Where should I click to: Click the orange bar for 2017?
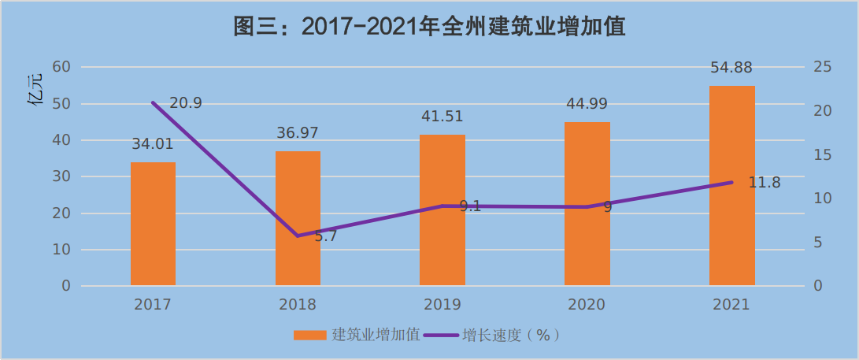[x=153, y=224]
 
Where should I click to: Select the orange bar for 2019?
[x=442, y=210]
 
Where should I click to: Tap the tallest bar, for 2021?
[x=732, y=186]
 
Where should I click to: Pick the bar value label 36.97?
[x=298, y=132]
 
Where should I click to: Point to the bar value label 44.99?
[x=587, y=104]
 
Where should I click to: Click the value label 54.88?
[x=731, y=68]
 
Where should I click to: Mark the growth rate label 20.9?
[x=187, y=102]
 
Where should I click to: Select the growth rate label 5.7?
[x=325, y=236]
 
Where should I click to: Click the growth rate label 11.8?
[x=765, y=183]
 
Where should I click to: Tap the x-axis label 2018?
[x=298, y=305]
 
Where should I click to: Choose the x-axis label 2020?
[x=587, y=305]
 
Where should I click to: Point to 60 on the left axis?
[x=61, y=67]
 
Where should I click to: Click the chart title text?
[x=429, y=27]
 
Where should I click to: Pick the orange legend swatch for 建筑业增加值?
[x=309, y=335]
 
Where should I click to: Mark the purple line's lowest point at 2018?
[x=298, y=236]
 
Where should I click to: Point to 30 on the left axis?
[x=61, y=176]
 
